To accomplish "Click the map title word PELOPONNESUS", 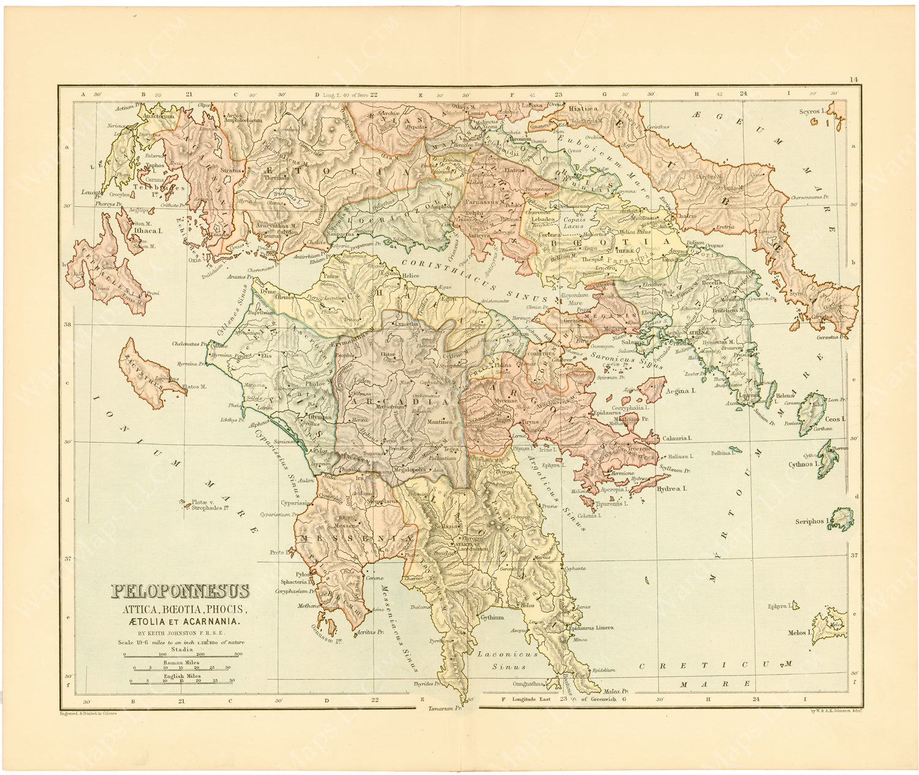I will (180, 592).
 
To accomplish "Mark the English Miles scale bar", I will (180, 681).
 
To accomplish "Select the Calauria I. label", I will (676, 438).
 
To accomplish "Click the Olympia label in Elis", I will (320, 417).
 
